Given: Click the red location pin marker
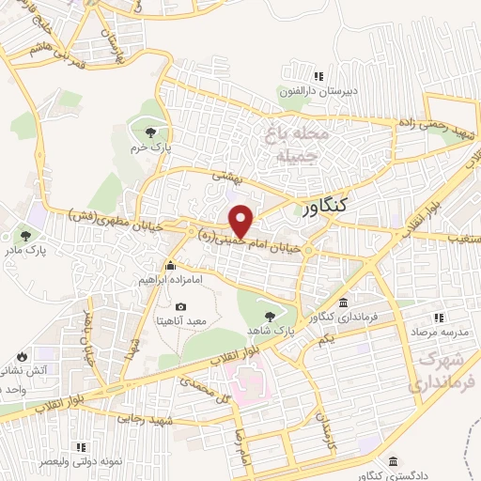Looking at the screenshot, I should (242, 221).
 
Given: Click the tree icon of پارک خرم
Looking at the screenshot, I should (149, 131).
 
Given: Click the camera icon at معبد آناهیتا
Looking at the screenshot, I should (179, 306).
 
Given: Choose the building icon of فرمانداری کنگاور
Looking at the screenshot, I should (343, 303).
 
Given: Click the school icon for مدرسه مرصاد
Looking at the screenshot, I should (440, 318).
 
